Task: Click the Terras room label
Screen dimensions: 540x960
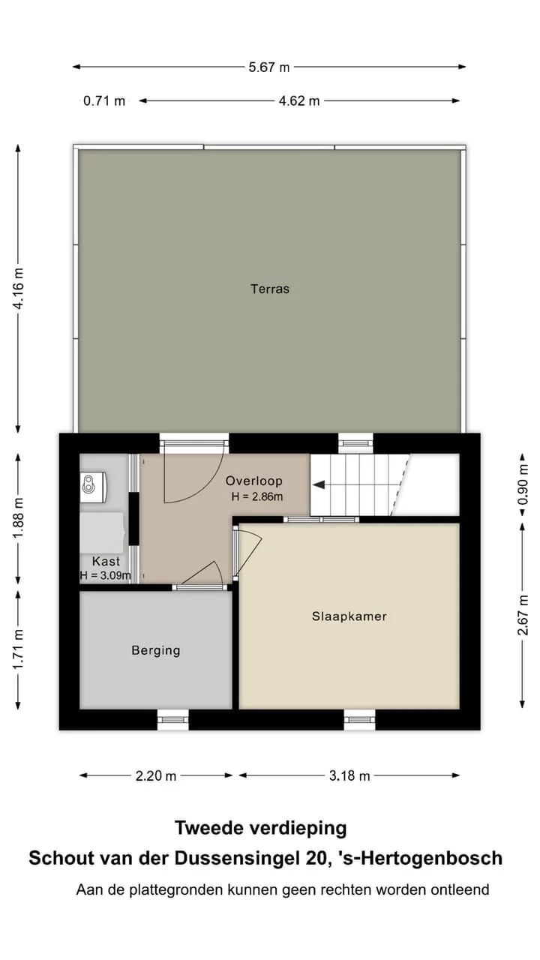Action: [x=270, y=289]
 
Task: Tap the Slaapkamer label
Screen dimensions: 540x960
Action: [x=349, y=616]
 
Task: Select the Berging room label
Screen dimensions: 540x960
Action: [x=156, y=650]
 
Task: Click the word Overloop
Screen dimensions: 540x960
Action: [x=254, y=481]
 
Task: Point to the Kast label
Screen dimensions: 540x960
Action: [x=106, y=562]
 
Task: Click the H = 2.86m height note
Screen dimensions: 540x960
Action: [x=257, y=496]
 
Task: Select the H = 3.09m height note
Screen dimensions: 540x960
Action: [x=106, y=575]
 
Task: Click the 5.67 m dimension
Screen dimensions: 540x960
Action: [x=269, y=67]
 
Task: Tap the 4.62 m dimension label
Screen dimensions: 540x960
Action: [x=299, y=101]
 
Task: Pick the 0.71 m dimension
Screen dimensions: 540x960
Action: [x=104, y=101]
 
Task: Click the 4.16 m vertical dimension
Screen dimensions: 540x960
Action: [x=19, y=288]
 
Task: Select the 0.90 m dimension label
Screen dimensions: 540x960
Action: [x=523, y=485]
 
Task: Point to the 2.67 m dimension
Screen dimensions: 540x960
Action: [x=523, y=615]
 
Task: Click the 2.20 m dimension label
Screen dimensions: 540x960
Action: [x=156, y=775]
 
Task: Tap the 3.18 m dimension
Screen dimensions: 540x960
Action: [x=349, y=775]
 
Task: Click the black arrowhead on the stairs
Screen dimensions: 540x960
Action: [x=319, y=485]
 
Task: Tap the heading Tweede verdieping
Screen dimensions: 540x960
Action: [x=260, y=828]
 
